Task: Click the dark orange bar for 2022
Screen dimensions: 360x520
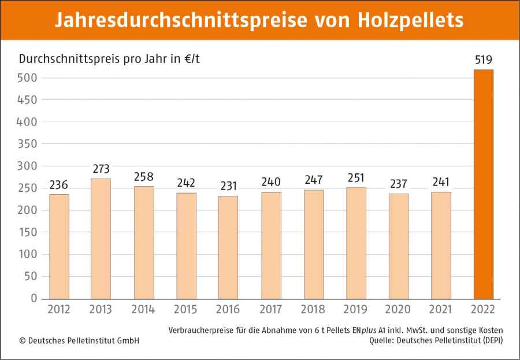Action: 484,184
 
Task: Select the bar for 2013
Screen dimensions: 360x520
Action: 101,238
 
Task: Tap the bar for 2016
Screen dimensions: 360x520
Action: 228,247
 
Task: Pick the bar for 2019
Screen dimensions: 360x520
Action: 356,243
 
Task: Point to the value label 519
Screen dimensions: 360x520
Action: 484,60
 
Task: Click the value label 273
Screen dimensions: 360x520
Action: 101,169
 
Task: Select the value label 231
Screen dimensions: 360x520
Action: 228,187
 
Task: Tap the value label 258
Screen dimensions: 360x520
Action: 144,177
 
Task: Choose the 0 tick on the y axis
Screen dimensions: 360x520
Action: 34,299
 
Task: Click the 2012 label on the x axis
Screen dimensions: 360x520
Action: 59,310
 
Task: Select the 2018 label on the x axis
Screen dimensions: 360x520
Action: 314,310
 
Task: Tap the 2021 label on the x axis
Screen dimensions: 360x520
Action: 441,310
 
